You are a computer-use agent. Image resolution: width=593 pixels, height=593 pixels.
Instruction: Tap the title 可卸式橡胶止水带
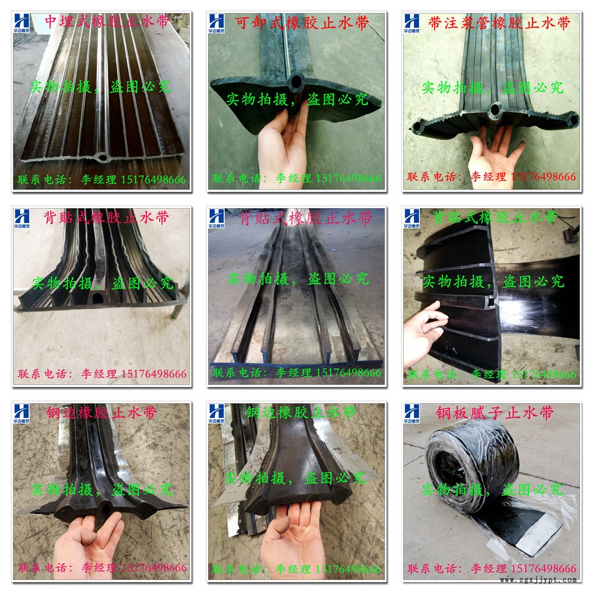coord(302,23)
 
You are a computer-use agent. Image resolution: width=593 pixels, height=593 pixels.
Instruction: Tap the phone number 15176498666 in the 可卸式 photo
coord(348,178)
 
